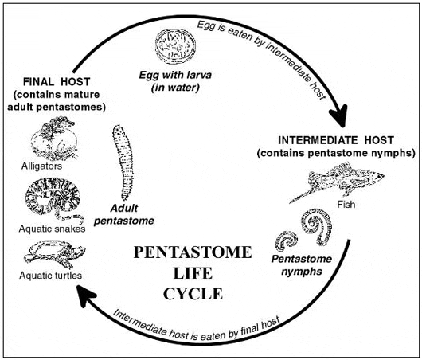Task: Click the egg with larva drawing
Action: pyautogui.click(x=175, y=46)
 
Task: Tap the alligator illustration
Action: pyautogui.click(x=54, y=138)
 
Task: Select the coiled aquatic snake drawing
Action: pyautogui.click(x=53, y=200)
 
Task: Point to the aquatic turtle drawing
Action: pyautogui.click(x=55, y=254)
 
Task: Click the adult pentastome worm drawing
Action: pyautogui.click(x=123, y=162)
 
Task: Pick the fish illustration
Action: pyautogui.click(x=338, y=180)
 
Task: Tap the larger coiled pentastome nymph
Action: pyautogui.click(x=317, y=227)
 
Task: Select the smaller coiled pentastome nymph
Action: pyautogui.click(x=287, y=241)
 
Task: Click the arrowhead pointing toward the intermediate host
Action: pyautogui.click(x=339, y=115)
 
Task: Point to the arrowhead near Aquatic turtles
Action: pyautogui.click(x=85, y=295)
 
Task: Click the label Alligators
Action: pyautogui.click(x=41, y=166)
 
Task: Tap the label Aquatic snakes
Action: pyautogui.click(x=52, y=229)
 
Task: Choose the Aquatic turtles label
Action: pyautogui.click(x=51, y=276)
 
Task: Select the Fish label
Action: pyautogui.click(x=346, y=205)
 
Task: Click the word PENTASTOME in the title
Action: pyautogui.click(x=193, y=252)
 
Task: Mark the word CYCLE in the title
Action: pyautogui.click(x=193, y=294)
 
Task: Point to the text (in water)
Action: pyautogui.click(x=175, y=88)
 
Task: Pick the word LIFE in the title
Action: pyautogui.click(x=193, y=273)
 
